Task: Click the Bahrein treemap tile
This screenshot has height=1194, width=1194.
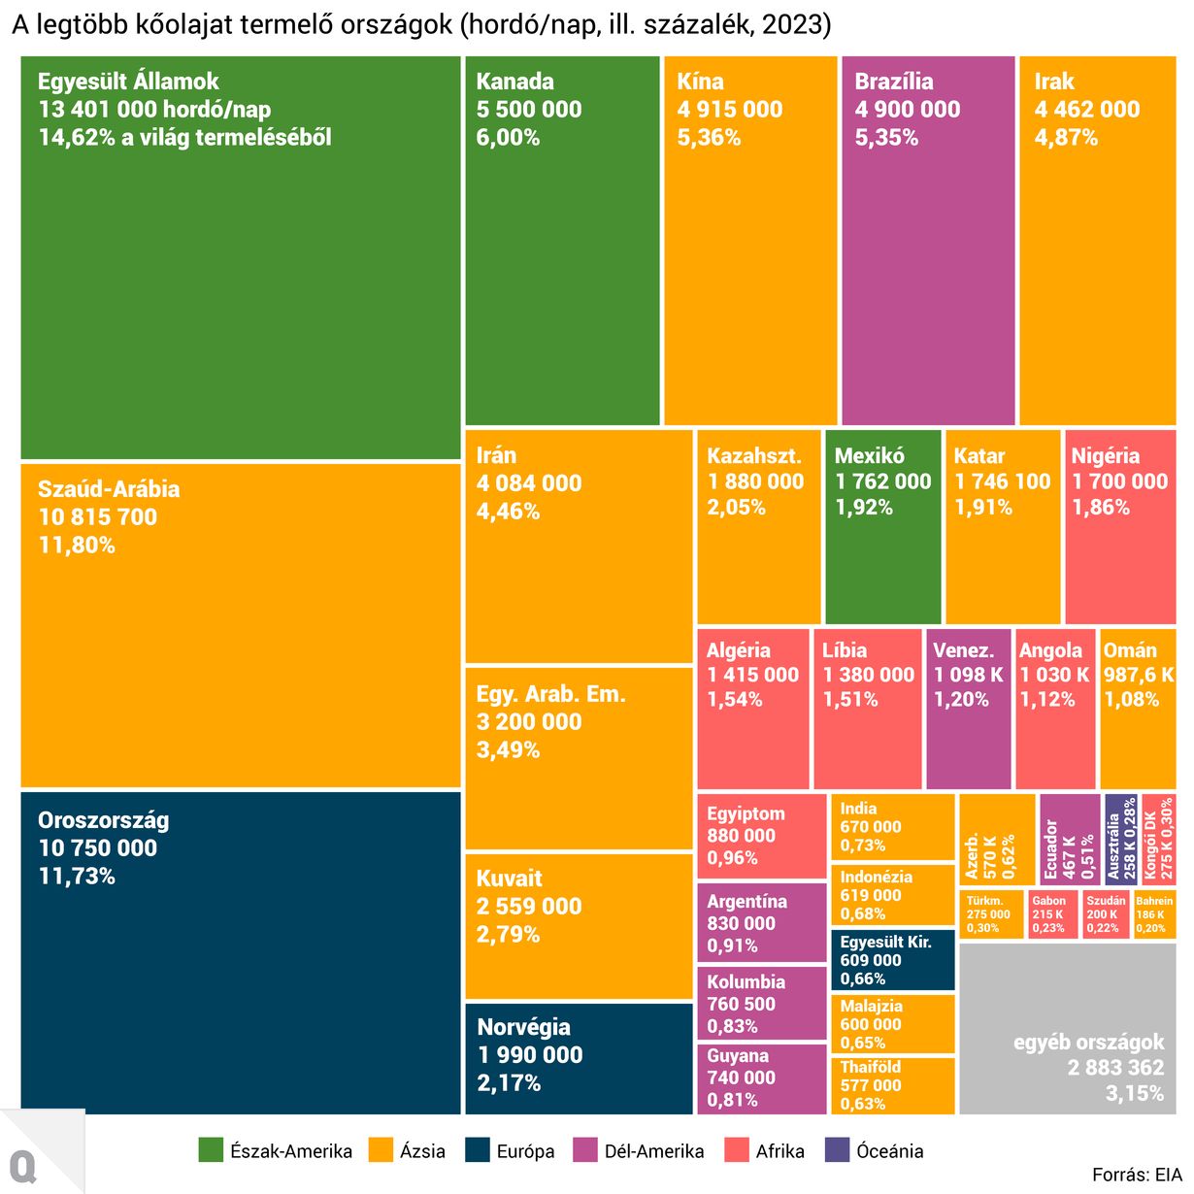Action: [x=1154, y=914]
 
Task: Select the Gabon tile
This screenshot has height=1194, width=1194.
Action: [x=1053, y=914]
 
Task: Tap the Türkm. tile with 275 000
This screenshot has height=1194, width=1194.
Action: [x=991, y=914]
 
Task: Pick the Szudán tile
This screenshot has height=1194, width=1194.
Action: [x=1106, y=914]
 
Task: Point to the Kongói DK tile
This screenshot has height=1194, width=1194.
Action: [x=1157, y=840]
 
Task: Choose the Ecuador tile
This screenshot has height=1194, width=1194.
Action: [x=1069, y=840]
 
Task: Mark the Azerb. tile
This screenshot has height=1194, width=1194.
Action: [x=996, y=840]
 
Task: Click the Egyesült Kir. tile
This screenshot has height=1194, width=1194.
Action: [x=892, y=960]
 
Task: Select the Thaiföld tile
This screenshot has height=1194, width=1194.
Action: [x=892, y=1085]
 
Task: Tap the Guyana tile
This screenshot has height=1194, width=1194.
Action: [x=761, y=1078]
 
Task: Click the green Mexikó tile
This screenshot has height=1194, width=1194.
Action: [x=882, y=526]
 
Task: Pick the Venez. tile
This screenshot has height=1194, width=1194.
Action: [x=968, y=709]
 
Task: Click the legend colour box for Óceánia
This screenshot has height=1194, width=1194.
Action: [x=837, y=1150]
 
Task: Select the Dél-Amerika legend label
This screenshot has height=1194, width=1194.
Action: [x=654, y=1151]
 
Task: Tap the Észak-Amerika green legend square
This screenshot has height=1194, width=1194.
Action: [x=211, y=1150]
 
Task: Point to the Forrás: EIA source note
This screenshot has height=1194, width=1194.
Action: [x=1137, y=1175]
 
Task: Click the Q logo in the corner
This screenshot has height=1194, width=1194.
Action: [x=23, y=1165]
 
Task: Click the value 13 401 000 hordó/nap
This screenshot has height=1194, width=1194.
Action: [x=154, y=110]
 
